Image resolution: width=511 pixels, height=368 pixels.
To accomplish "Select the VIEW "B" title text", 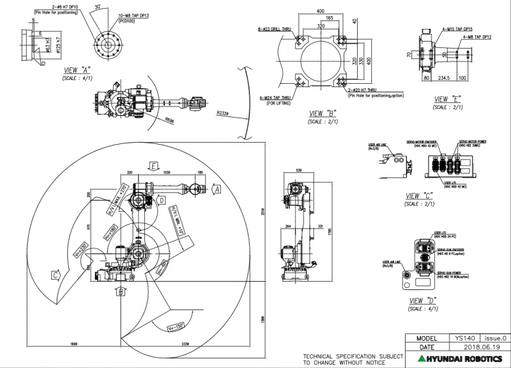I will click(323, 113).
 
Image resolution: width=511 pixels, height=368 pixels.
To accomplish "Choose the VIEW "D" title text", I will click(422, 300).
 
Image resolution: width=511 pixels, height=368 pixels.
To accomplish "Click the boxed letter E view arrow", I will click(153, 166).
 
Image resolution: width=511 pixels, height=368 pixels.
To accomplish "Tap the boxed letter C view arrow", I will click(57, 275).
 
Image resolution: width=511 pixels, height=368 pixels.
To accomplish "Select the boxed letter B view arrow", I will click(120, 292).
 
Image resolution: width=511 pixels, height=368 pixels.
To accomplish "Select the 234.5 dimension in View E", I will click(443, 78).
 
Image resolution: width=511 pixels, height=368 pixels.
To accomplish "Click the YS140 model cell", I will click(461, 337).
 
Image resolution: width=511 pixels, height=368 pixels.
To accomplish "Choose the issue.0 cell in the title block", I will click(494, 337).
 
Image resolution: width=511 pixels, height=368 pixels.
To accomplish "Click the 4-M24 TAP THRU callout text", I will click(275, 98).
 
